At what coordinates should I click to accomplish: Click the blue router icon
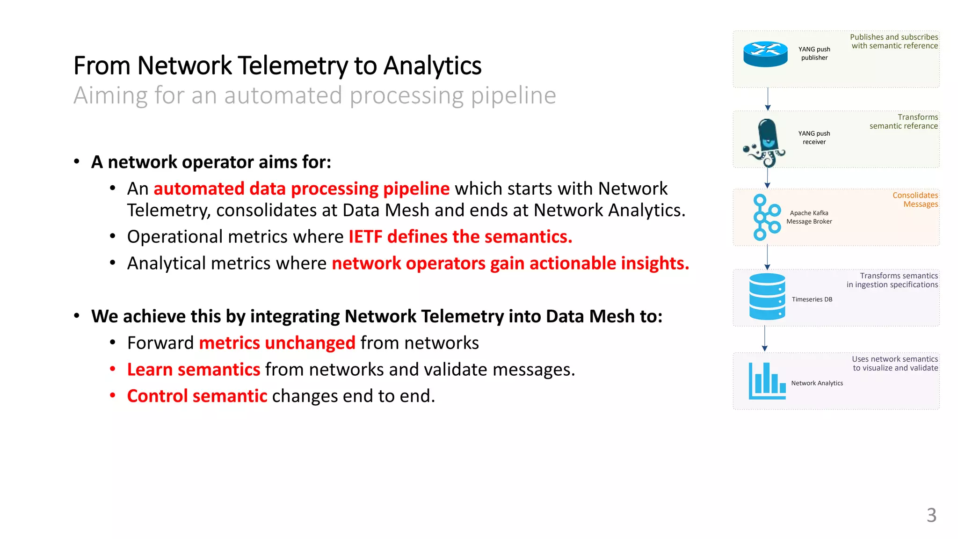765,54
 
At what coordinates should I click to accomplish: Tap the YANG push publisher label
814,53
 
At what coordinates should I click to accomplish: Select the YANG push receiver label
814,138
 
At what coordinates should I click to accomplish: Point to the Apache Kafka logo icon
766,217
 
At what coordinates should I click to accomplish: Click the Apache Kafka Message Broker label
809,217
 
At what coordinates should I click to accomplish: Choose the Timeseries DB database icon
767,297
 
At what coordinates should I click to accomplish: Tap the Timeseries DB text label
812,299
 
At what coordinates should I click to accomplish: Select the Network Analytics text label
817,383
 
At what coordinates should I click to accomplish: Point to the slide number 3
931,515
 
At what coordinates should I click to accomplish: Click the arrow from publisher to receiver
768,99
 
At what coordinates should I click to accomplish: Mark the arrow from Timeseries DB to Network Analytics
765,338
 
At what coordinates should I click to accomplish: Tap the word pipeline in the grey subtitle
513,95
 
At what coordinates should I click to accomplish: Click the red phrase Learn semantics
194,370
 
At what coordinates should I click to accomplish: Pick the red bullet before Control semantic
113,396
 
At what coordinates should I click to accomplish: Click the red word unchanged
310,343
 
